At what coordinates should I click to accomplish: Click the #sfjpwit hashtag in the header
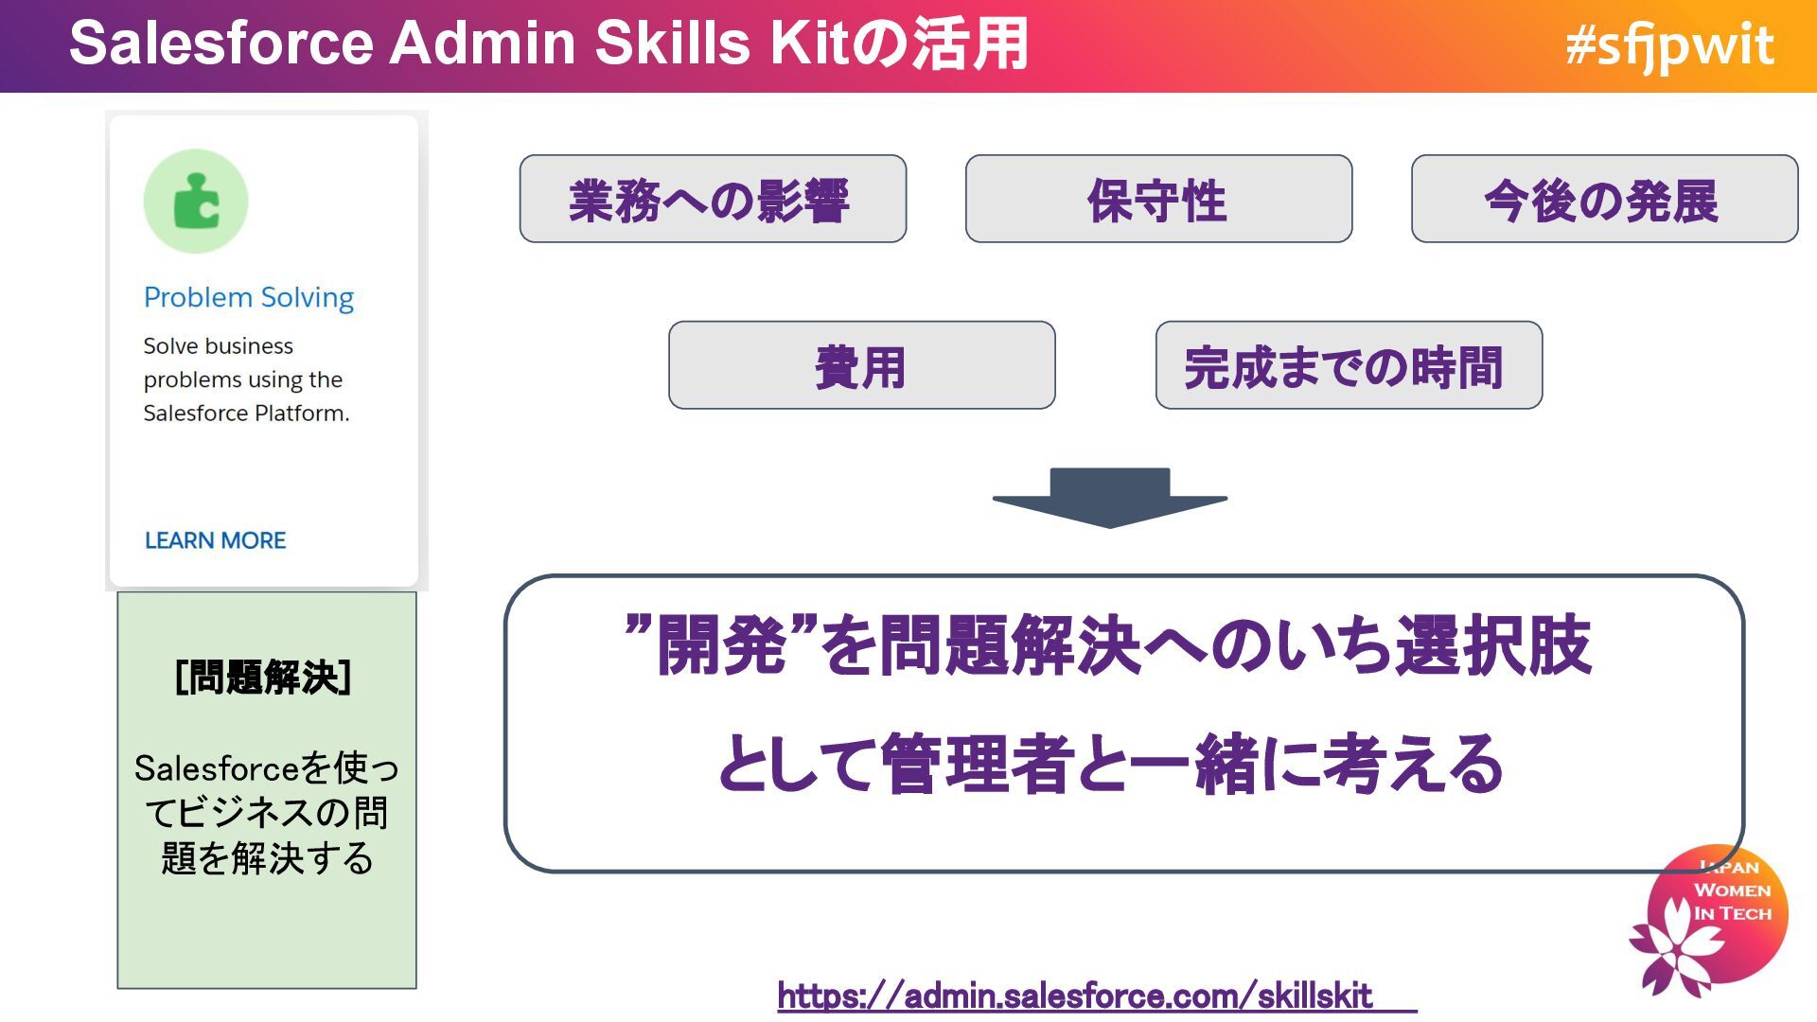tap(1669, 45)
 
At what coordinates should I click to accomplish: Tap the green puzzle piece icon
tap(196, 202)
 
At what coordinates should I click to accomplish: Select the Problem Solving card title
tap(249, 297)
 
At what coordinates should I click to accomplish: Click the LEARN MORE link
tap(215, 540)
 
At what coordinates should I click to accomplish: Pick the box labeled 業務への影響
tap(713, 199)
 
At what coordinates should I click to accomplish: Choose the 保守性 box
tap(1158, 199)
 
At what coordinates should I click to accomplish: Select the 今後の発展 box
tap(1604, 199)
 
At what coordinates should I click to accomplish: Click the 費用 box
tap(861, 365)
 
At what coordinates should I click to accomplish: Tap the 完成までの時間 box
tap(1349, 365)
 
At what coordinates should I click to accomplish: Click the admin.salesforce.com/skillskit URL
tap(1075, 996)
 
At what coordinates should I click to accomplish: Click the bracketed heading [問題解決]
tap(264, 678)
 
